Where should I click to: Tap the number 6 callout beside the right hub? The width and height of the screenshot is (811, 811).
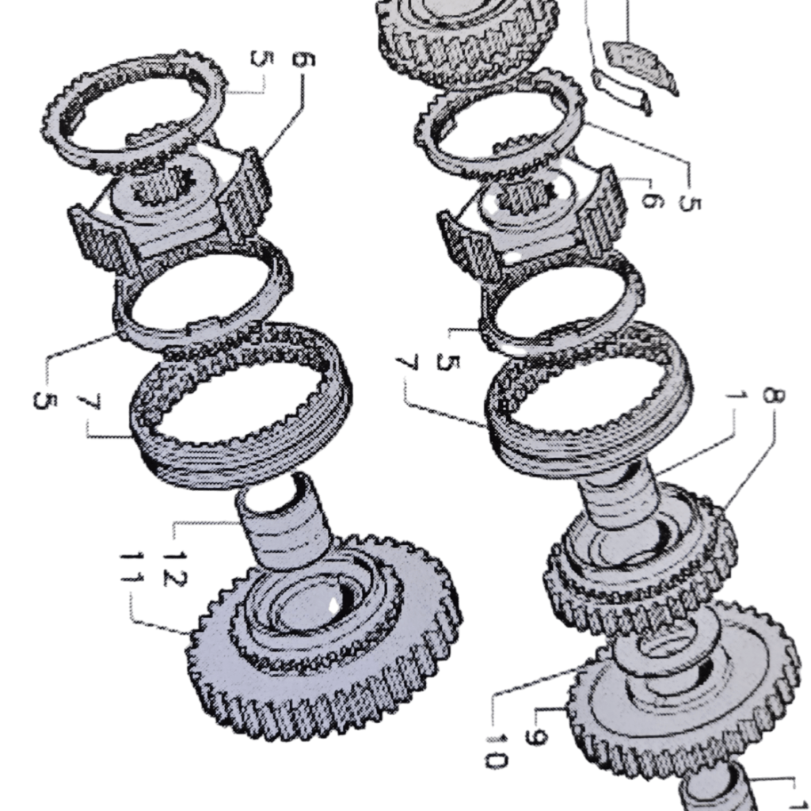652,202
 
